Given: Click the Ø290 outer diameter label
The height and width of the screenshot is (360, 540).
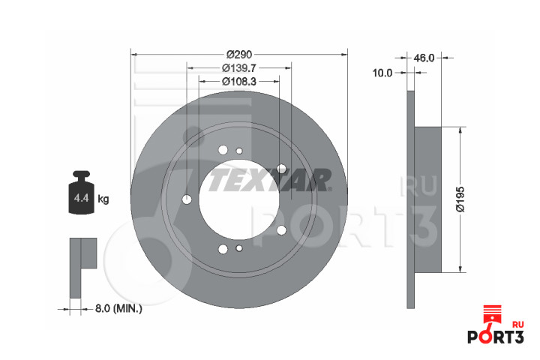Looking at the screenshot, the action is [239, 55].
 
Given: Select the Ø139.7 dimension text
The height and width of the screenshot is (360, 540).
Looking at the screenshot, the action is [239, 67].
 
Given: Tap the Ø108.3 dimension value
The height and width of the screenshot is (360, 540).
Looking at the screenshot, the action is [239, 81].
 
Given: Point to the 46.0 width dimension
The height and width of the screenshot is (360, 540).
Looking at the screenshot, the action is [424, 58].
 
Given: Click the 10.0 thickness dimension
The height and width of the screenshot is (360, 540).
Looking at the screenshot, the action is [382, 73].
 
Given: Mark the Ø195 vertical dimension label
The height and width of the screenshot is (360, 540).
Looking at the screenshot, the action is [460, 199].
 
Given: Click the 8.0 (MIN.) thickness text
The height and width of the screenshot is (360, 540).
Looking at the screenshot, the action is [118, 308].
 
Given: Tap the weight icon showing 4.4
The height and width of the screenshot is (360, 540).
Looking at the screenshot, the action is [81, 192].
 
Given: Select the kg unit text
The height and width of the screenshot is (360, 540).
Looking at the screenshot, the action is [103, 199].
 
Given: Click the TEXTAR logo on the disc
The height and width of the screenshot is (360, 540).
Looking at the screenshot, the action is [270, 180].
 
